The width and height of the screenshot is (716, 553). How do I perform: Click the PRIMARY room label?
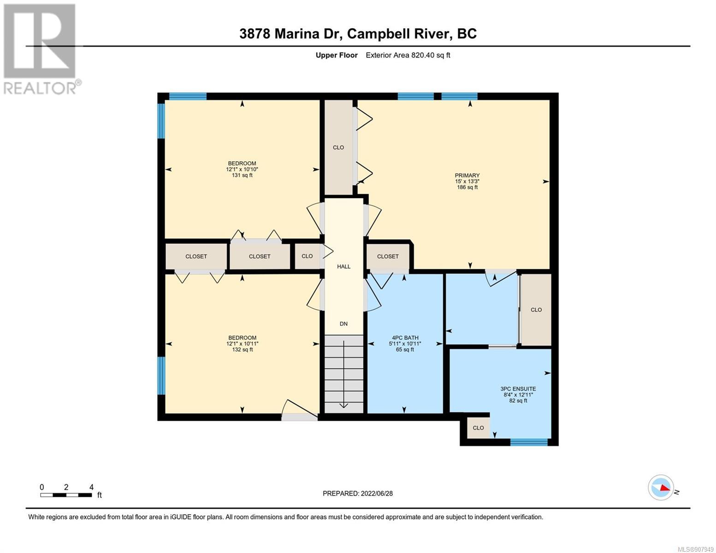[467, 175]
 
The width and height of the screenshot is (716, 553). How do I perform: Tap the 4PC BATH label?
[405, 338]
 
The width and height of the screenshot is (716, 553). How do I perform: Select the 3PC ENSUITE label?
[518, 388]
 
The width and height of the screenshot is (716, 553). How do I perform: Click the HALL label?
[343, 266]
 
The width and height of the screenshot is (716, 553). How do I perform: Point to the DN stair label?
[343, 324]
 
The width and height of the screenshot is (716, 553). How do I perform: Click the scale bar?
[66, 495]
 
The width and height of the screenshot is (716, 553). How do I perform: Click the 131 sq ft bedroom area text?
[242, 175]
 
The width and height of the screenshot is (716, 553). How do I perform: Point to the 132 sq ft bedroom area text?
[242, 349]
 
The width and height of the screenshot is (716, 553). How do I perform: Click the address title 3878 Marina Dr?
[290, 34]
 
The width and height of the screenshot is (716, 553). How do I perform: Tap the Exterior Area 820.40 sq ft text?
[408, 55]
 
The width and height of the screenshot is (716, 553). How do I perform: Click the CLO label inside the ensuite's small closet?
[478, 428]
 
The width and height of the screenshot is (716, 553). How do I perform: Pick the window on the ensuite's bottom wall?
[529, 442]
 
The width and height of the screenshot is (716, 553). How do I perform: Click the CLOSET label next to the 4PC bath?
[388, 256]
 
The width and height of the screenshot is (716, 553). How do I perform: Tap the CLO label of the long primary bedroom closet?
[338, 147]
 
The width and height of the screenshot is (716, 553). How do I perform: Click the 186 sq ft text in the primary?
[467, 187]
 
